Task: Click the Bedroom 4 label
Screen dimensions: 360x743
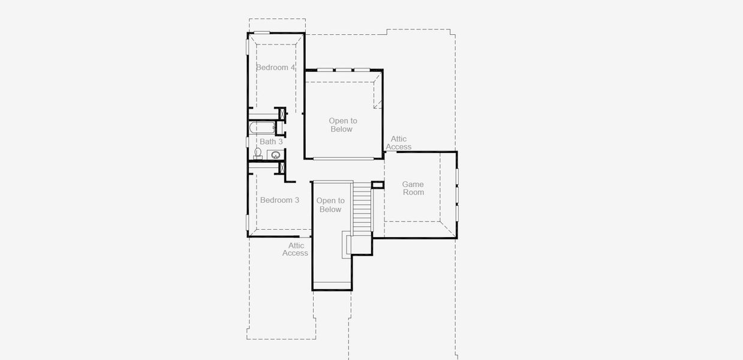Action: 275,68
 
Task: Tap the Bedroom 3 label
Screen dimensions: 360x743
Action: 279,200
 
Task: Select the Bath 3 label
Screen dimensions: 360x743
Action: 271,142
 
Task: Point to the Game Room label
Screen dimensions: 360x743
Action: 413,188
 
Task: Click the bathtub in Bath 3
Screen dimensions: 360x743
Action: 262,128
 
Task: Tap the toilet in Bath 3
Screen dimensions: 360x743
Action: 258,154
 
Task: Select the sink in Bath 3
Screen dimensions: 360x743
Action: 276,155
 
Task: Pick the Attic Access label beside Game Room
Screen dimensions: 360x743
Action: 399,143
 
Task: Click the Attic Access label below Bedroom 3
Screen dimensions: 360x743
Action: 296,249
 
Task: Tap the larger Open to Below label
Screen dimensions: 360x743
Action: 343,125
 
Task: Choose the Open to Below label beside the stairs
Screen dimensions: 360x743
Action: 330,205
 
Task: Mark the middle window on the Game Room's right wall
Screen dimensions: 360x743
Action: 457,195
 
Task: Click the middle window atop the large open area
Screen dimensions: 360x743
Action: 343,70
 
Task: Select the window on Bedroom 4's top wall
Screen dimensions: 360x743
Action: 262,32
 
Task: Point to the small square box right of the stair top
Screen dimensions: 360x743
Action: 377,185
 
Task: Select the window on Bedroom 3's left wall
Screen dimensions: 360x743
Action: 248,223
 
